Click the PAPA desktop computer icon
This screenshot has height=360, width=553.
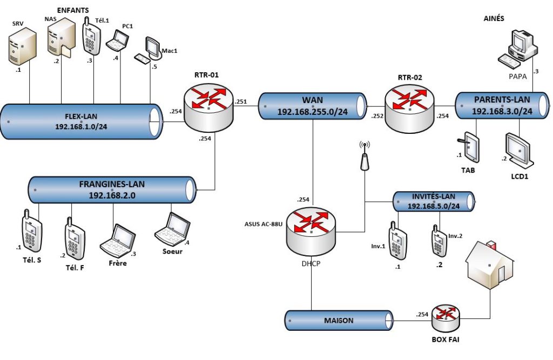click(519, 46)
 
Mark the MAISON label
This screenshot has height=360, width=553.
click(339, 321)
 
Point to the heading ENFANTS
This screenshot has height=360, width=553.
click(73, 10)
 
